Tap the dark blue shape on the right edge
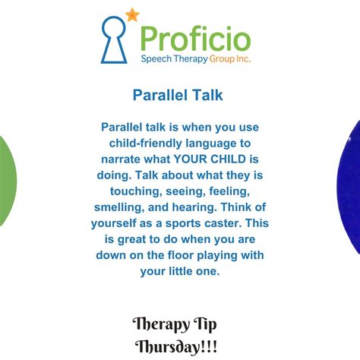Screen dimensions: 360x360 [352, 182]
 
